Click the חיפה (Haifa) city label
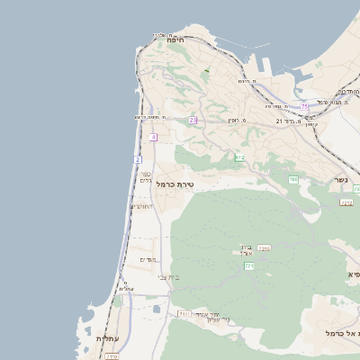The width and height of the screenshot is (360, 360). tap(175, 40)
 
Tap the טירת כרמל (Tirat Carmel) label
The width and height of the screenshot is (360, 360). tap(175, 184)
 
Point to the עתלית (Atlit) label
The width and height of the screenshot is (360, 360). tap(106, 338)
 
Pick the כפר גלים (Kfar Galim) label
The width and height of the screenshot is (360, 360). tap(146, 177)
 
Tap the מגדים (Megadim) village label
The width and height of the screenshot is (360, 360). tap(149, 259)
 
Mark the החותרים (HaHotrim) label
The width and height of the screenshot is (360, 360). tap(142, 206)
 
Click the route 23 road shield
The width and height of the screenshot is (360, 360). tap(193, 120)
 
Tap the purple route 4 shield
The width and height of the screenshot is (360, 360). tap(154, 137)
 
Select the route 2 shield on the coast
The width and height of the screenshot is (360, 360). tap(138, 158)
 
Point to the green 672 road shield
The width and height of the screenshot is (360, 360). tap(239, 157)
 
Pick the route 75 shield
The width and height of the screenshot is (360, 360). tap(304, 107)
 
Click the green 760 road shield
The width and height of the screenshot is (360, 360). tap(293, 180)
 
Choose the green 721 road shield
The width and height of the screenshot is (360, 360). tap(249, 266)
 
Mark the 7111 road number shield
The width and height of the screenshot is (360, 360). tap(184, 313)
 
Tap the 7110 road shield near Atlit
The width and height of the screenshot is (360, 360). tap(112, 356)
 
